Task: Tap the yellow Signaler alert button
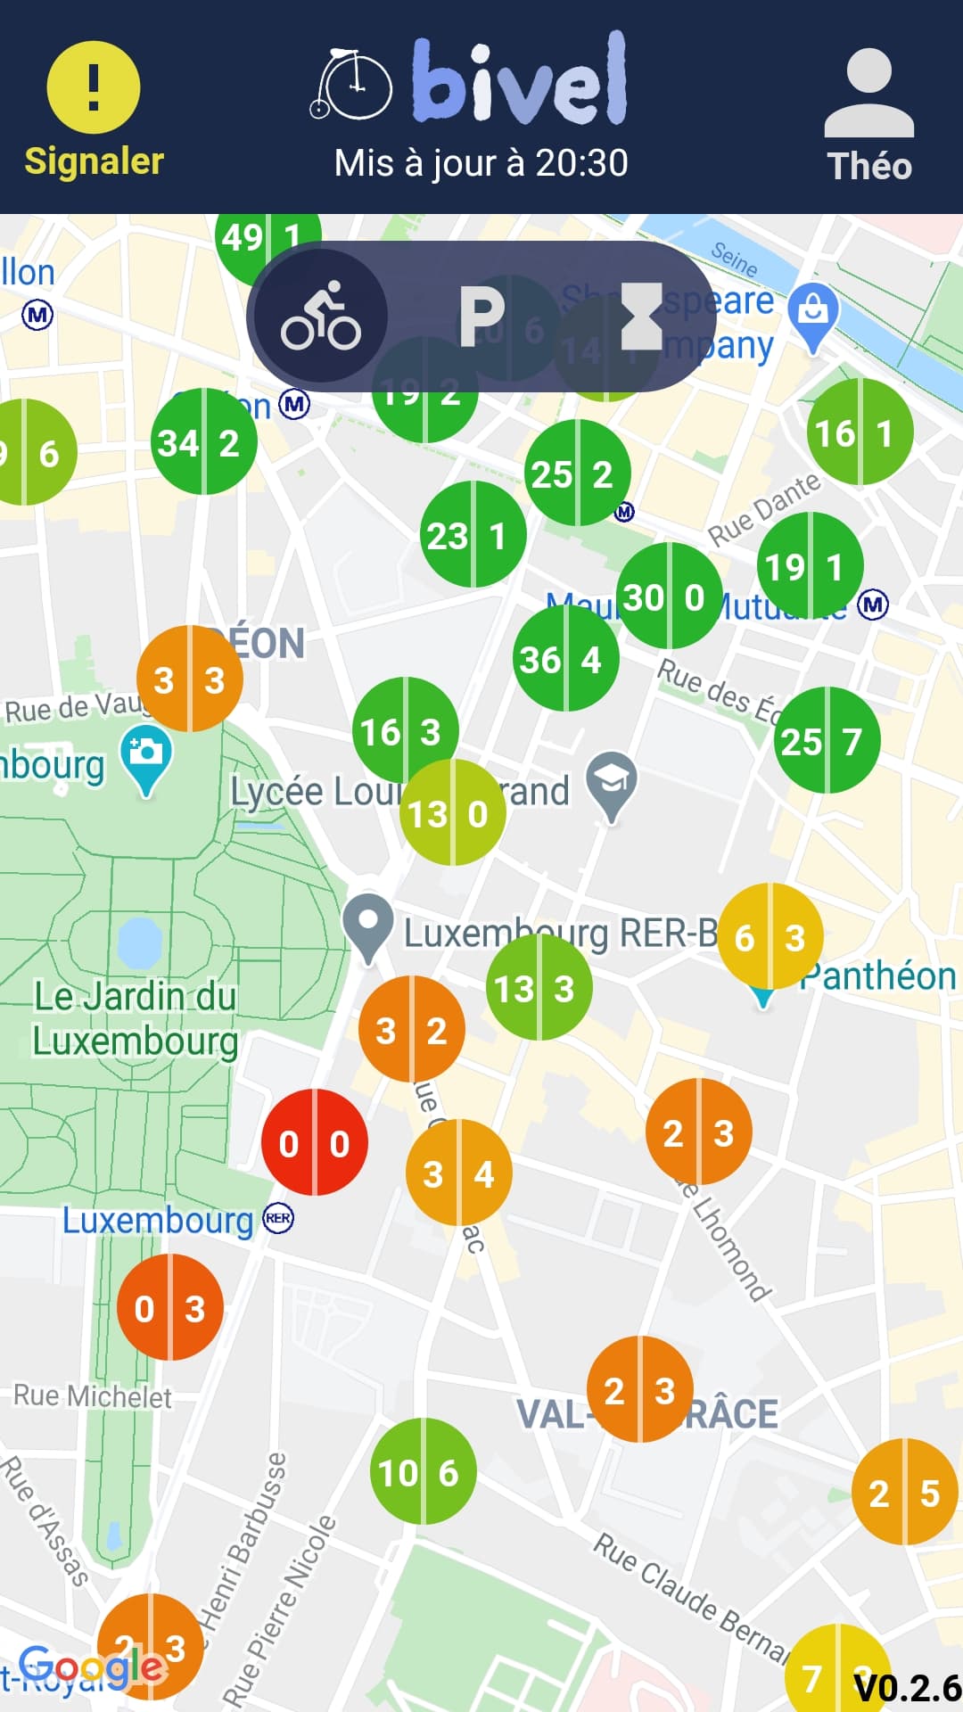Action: [94, 89]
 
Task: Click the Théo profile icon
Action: [868, 95]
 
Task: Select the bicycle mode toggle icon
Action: [321, 316]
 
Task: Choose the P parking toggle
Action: [481, 316]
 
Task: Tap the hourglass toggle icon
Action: [640, 316]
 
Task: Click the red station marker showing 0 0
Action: [314, 1142]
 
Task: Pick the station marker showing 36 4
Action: [565, 659]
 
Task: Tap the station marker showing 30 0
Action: [669, 596]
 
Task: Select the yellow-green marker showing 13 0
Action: [453, 812]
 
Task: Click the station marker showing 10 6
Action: [423, 1471]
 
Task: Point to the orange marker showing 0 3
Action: [170, 1307]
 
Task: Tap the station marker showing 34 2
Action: [204, 441]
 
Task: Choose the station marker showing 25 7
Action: [827, 740]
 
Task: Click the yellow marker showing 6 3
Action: [770, 936]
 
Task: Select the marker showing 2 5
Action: [906, 1492]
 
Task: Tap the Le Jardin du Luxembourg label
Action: [136, 1018]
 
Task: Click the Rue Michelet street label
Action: [92, 1395]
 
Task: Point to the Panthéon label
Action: [878, 976]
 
